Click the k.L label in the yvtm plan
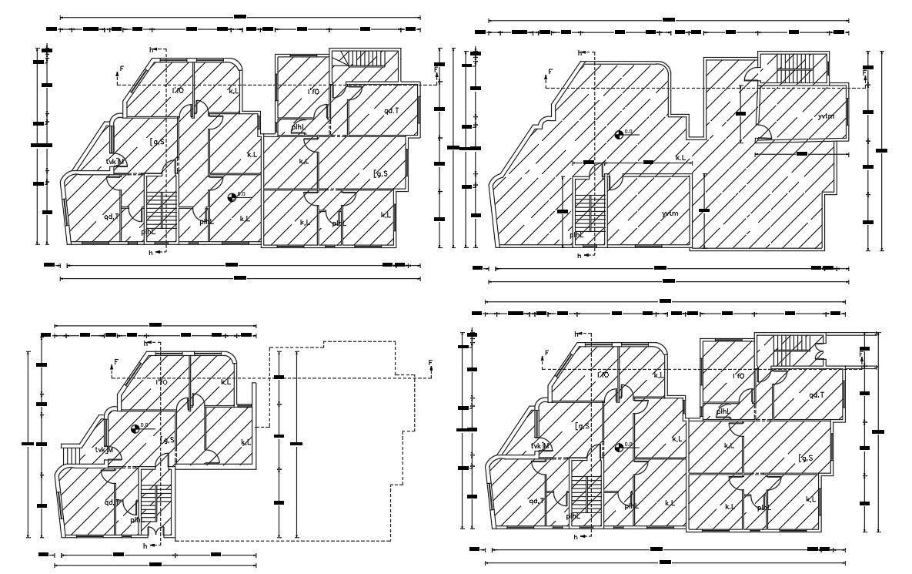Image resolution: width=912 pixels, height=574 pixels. click(x=680, y=158)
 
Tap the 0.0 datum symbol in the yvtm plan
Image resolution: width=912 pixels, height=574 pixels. click(x=620, y=136)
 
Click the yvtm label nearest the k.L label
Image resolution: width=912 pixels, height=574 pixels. click(x=670, y=213)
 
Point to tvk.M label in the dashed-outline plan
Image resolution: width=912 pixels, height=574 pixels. click(x=105, y=450)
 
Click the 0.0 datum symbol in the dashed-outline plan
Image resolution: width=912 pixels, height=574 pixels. click(x=136, y=428)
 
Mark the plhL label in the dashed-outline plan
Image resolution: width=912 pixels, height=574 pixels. click(x=135, y=520)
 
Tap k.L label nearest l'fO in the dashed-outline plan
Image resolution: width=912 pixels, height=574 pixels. click(x=226, y=382)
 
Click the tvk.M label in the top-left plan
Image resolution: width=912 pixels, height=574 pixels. click(x=115, y=161)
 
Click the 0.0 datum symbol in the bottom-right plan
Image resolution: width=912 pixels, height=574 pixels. click(x=620, y=447)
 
